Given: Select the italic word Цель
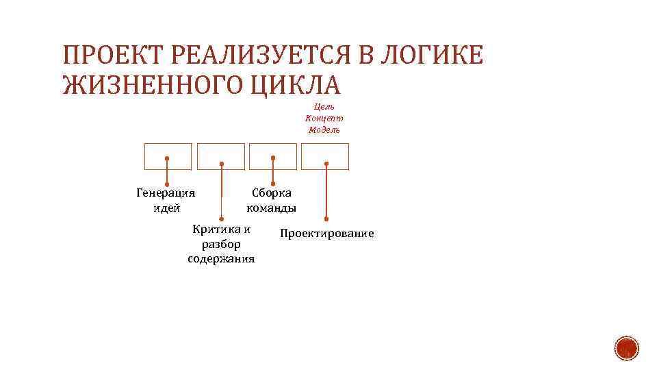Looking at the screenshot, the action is point(324,107).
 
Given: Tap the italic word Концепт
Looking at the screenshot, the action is point(324,119).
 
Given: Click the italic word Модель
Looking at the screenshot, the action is point(324,130).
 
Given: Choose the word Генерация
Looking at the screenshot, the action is point(166,193).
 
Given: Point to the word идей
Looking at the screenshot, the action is point(166,208).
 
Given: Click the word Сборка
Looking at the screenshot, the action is point(272,193).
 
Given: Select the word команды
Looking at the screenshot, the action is point(272,208).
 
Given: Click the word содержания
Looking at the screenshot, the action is point(221,259).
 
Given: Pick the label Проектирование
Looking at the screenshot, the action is point(327,234).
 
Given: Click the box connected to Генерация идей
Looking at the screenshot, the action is point(168,156).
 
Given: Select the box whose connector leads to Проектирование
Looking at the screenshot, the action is point(326,156).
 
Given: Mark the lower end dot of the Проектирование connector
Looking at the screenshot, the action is point(326,219).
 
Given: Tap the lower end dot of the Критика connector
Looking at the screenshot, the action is point(221,219).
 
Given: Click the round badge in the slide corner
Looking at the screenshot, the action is point(626,349).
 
